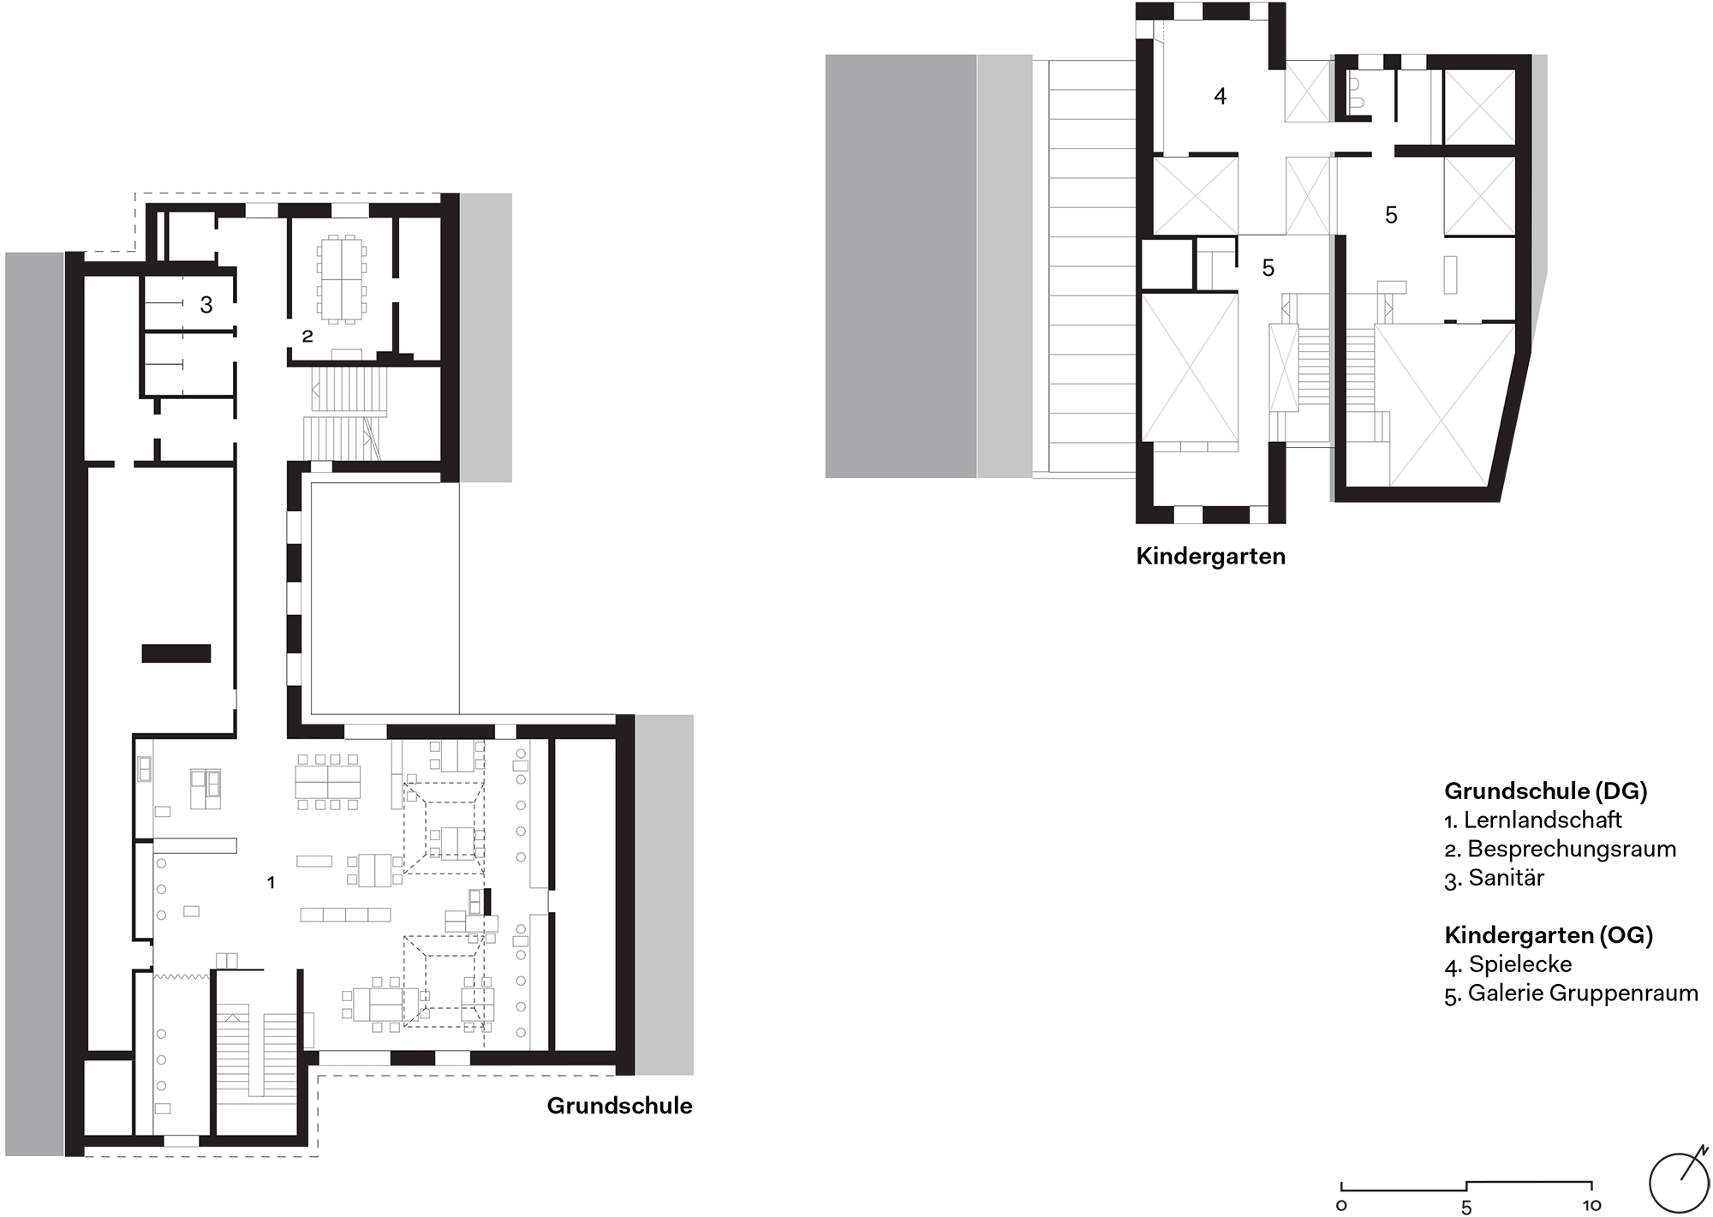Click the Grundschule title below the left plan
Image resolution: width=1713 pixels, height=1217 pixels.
point(619,1106)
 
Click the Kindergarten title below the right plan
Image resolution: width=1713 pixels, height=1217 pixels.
point(1210,557)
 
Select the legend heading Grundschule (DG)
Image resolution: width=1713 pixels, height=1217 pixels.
point(1546,791)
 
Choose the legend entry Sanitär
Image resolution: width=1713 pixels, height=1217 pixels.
point(1507,878)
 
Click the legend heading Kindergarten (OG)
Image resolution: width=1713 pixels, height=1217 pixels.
point(1549,935)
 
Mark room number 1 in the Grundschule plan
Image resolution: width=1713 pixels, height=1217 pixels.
point(271,882)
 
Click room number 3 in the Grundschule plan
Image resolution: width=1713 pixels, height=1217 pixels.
point(206,304)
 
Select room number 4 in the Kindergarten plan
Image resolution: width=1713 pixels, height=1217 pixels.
point(1221,96)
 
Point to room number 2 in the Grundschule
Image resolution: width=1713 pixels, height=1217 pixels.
point(307,337)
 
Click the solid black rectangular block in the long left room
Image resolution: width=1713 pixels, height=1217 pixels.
point(176,653)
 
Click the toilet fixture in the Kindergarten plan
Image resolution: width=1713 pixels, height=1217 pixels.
point(1356,92)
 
